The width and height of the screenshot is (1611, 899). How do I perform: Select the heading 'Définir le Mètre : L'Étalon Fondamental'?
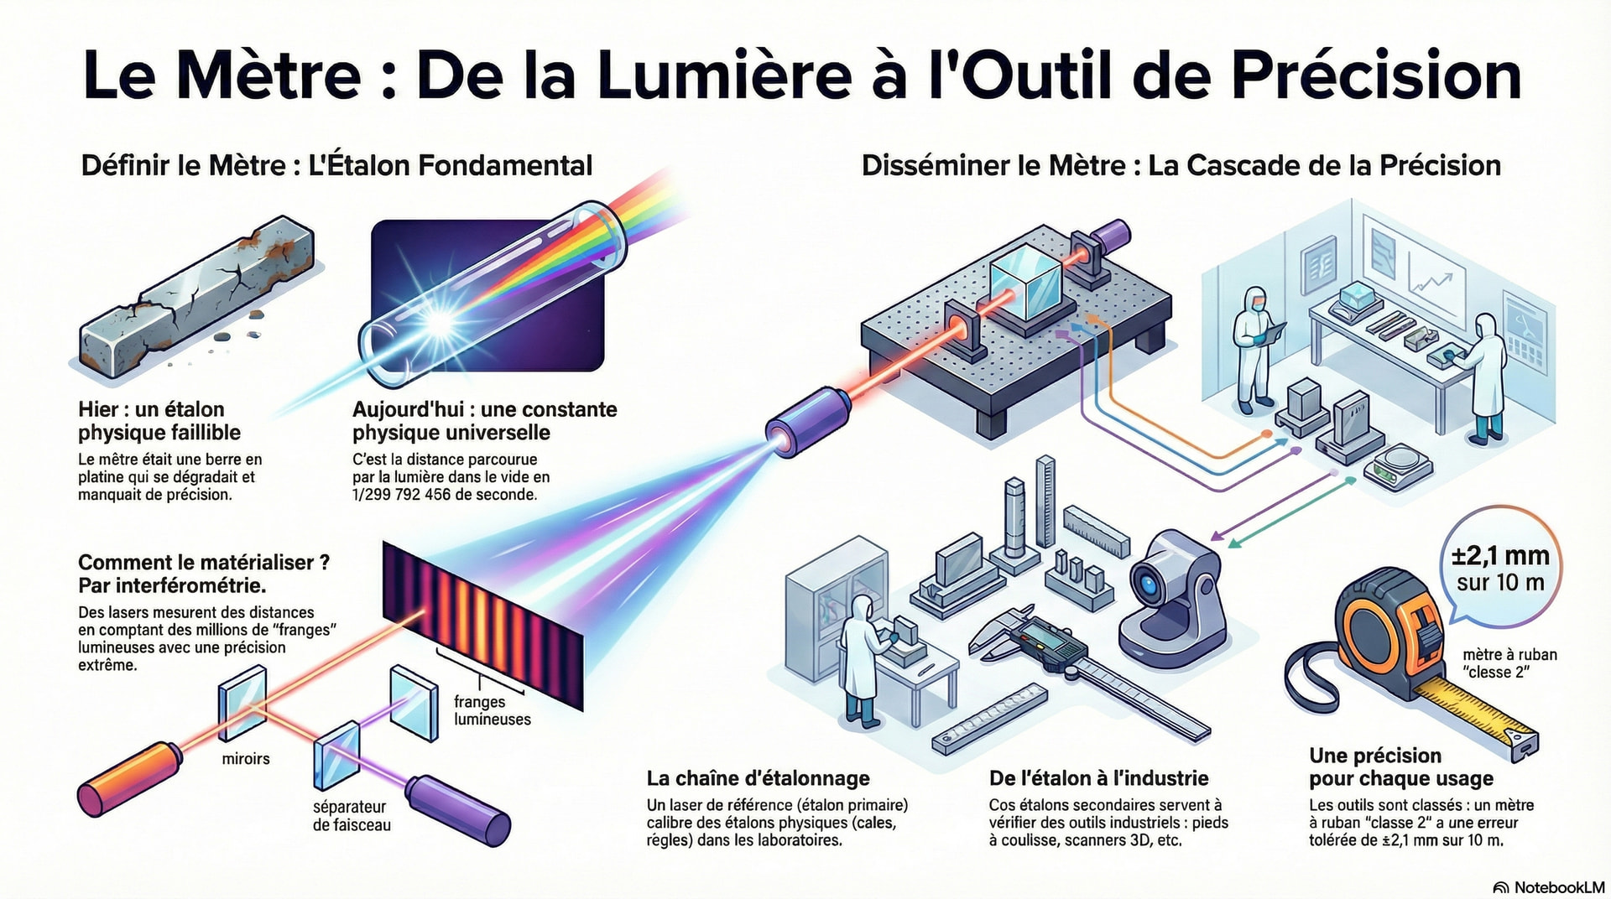coord(336,165)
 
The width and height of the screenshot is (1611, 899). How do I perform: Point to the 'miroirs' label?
coord(246,759)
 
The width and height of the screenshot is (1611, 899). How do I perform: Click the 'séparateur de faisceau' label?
coord(352,816)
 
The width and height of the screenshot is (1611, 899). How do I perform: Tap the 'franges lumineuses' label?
coord(493,710)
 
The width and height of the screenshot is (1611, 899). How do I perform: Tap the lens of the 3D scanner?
coord(1145,581)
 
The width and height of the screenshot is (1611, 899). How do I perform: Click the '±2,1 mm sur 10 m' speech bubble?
coord(1501,568)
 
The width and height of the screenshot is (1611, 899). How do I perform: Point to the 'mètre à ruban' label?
coord(1509,655)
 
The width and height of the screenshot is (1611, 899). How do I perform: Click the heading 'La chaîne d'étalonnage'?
coord(759,778)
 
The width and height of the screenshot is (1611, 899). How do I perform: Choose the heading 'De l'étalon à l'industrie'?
coord(1098,778)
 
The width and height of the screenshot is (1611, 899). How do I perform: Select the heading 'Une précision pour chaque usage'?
coord(1401,767)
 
